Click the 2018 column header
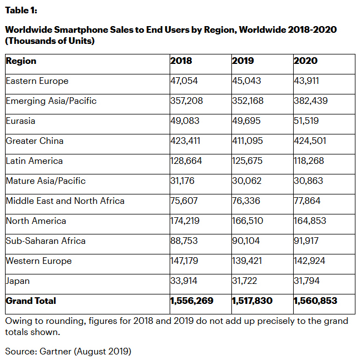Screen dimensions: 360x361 click(181, 61)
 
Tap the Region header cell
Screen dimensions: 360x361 click(21, 61)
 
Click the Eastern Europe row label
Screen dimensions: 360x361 click(37, 81)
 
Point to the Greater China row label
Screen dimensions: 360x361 click(34, 141)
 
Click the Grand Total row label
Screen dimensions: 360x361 click(31, 301)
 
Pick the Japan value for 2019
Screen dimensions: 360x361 click(245, 281)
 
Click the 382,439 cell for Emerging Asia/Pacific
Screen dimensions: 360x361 click(310, 101)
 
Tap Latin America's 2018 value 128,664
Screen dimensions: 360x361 click(186, 161)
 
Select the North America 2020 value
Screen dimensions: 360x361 click(310, 221)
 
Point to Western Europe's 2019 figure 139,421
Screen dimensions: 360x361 click(248, 261)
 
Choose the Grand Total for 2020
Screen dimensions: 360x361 click(315, 301)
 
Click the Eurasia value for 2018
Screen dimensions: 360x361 click(184, 121)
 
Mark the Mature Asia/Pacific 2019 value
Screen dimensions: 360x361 click(246, 181)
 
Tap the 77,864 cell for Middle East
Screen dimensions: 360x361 click(307, 201)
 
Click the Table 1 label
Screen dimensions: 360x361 click(21, 11)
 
